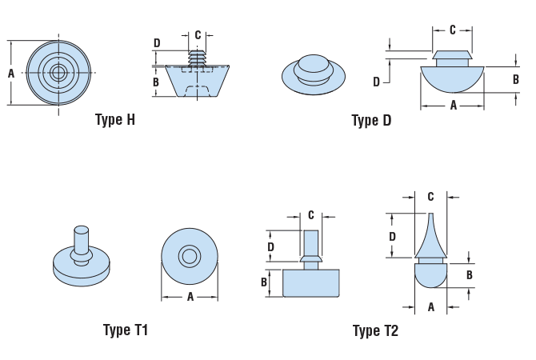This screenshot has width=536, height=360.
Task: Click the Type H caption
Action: (x=115, y=120)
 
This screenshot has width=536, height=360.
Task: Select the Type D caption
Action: (x=371, y=121)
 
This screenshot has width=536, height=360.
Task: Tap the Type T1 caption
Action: (x=126, y=330)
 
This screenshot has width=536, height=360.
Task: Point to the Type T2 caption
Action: (x=375, y=330)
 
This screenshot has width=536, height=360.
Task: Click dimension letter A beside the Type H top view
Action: (x=11, y=74)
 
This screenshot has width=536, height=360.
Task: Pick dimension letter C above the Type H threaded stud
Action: (x=198, y=35)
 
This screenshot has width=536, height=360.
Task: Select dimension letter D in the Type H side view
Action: (x=157, y=43)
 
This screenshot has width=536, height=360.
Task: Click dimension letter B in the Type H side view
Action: (x=157, y=82)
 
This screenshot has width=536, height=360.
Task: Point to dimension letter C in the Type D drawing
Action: (x=452, y=30)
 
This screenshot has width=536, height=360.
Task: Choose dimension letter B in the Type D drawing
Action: (x=516, y=79)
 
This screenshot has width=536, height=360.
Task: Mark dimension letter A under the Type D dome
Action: (x=454, y=105)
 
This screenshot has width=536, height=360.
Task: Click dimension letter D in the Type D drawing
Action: (x=376, y=82)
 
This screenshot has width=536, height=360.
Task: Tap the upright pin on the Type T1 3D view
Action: (x=80, y=239)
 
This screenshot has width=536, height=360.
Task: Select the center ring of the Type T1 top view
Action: (x=190, y=257)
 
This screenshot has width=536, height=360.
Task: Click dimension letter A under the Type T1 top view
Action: (x=190, y=297)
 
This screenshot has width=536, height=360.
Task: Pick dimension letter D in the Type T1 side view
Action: (x=270, y=247)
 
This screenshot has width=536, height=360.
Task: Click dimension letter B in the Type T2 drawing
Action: (x=470, y=274)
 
